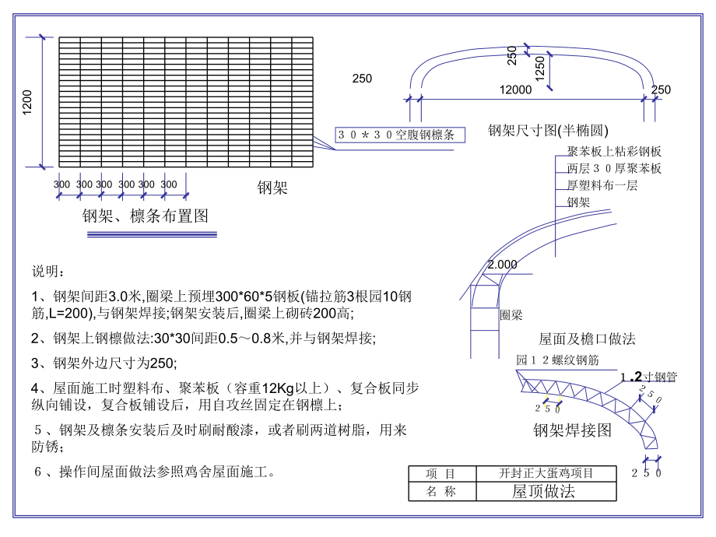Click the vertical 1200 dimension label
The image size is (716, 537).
tap(27, 102)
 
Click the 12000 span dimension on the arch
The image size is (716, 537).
tap(515, 90)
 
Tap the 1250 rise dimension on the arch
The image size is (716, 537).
tap(540, 72)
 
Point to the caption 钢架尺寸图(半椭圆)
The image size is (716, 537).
tap(548, 130)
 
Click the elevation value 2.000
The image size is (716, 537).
tap(502, 265)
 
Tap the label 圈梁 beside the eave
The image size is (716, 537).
tap(511, 315)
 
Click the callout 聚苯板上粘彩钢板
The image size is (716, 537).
tap(614, 152)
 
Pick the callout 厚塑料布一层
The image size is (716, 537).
tap(602, 185)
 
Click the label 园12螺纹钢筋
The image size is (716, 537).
tap(556, 360)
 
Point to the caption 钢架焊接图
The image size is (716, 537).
tap(572, 430)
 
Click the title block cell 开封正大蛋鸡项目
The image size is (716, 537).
tap(546, 473)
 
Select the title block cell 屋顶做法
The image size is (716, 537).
tap(542, 491)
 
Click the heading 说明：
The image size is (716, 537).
tap(48, 272)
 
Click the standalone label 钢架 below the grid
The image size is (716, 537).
tap(272, 188)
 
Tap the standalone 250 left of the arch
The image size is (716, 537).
tap(362, 79)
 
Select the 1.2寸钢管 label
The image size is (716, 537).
tap(648, 377)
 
